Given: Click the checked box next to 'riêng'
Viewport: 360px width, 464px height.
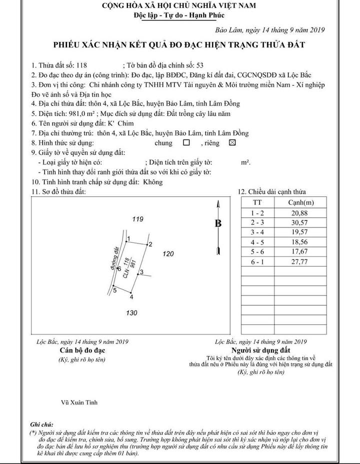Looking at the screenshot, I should [x=231, y=142].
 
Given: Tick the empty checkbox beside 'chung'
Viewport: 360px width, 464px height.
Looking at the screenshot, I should [x=186, y=142].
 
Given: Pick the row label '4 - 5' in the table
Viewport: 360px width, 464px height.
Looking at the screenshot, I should [x=258, y=242].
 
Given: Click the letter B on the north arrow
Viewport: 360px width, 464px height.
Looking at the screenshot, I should [x=218, y=224].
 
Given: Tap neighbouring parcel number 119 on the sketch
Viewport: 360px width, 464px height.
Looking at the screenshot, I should [x=138, y=219].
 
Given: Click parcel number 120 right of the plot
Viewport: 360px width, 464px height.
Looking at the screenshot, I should [x=168, y=254].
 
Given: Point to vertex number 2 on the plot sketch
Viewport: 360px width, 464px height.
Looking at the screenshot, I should [x=149, y=243].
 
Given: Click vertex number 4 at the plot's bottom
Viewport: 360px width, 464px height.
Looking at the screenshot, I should [x=131, y=297].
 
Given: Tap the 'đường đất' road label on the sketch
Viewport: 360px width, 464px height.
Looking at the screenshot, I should [x=114, y=259].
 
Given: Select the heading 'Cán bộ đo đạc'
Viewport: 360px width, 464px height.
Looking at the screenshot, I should [x=81, y=350].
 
